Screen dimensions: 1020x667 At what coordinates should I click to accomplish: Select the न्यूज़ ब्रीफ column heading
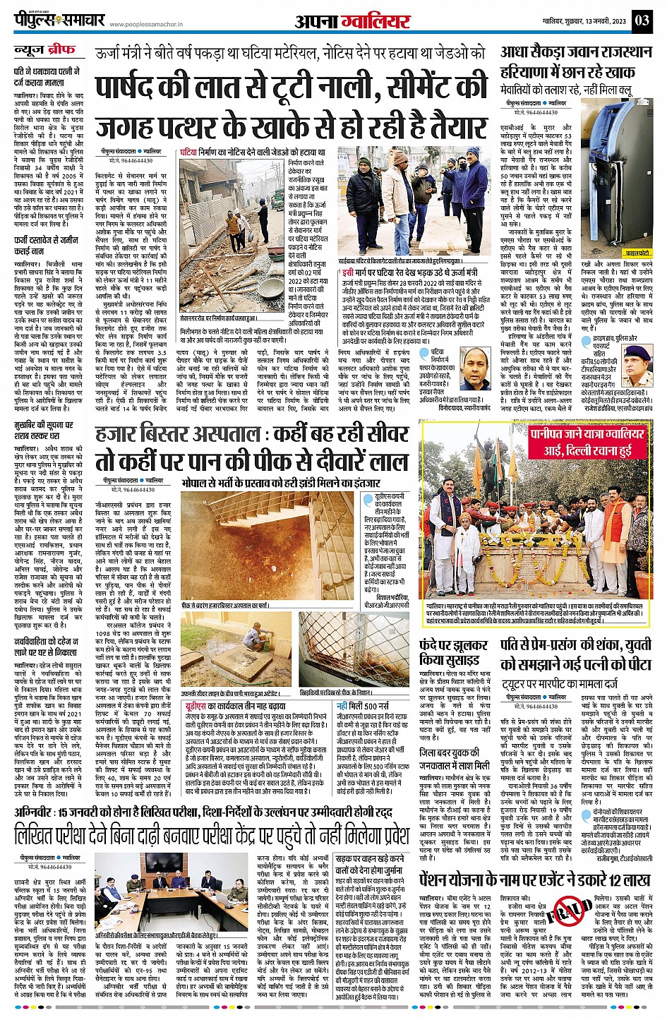(x=44, y=51)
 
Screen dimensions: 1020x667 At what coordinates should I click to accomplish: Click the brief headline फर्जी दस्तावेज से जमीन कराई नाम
(x=47, y=246)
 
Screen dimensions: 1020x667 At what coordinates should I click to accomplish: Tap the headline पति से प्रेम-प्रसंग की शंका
(x=576, y=654)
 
